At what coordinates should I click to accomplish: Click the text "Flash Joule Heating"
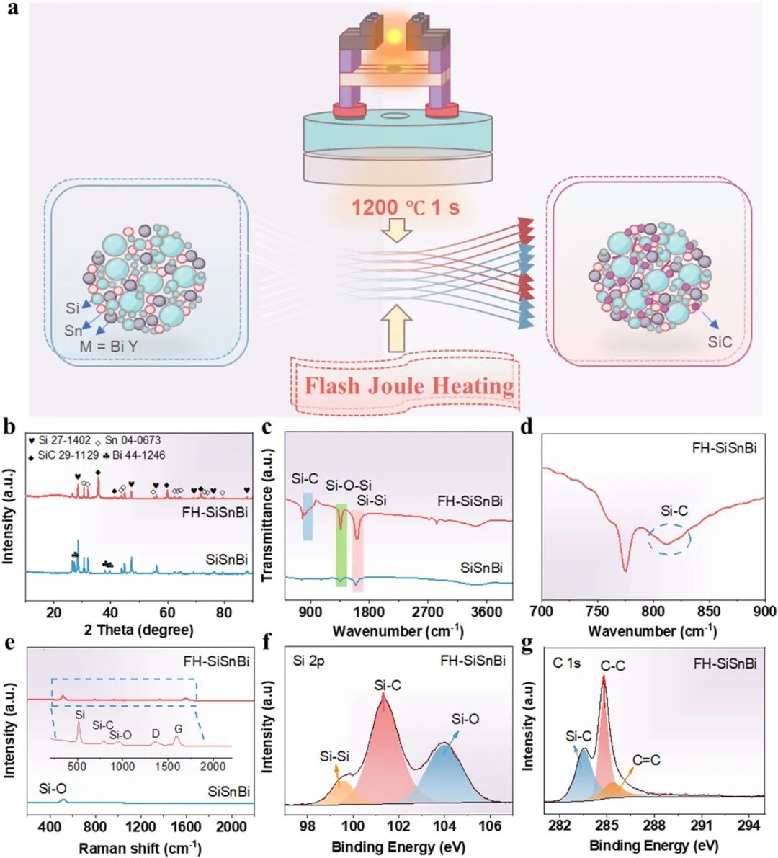pyautogui.click(x=408, y=386)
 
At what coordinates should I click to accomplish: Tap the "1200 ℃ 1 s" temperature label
pyautogui.click(x=405, y=208)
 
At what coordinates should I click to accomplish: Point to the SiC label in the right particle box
pyautogui.click(x=719, y=341)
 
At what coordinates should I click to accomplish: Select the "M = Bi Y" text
pyautogui.click(x=108, y=347)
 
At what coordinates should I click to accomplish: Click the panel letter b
pyautogui.click(x=9, y=426)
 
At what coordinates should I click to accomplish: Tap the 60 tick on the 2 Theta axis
pyautogui.click(x=167, y=612)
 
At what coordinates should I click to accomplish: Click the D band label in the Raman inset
pyautogui.click(x=156, y=733)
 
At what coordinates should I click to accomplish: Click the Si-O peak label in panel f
pyautogui.click(x=465, y=719)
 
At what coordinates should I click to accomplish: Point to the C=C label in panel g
pyautogui.click(x=646, y=760)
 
